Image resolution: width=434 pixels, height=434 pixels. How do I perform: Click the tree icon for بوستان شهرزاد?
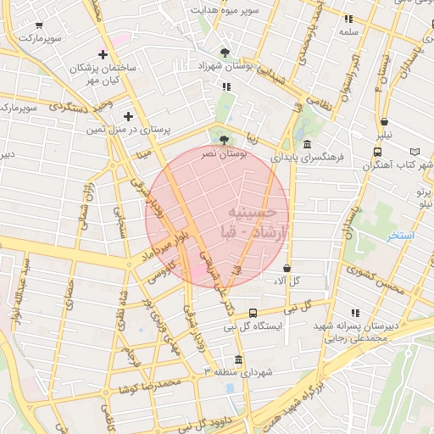point(224,53)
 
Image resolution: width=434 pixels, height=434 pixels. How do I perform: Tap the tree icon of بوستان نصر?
point(224,140)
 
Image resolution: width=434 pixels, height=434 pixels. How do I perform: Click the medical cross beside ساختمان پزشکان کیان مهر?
point(103,54)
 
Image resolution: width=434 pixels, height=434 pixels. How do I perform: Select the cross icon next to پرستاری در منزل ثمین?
point(128,116)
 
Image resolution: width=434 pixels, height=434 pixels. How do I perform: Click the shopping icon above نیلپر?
point(384,122)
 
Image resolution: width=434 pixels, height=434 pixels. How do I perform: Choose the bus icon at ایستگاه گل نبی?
point(253,313)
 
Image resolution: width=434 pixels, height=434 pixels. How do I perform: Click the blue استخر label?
point(399,236)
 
